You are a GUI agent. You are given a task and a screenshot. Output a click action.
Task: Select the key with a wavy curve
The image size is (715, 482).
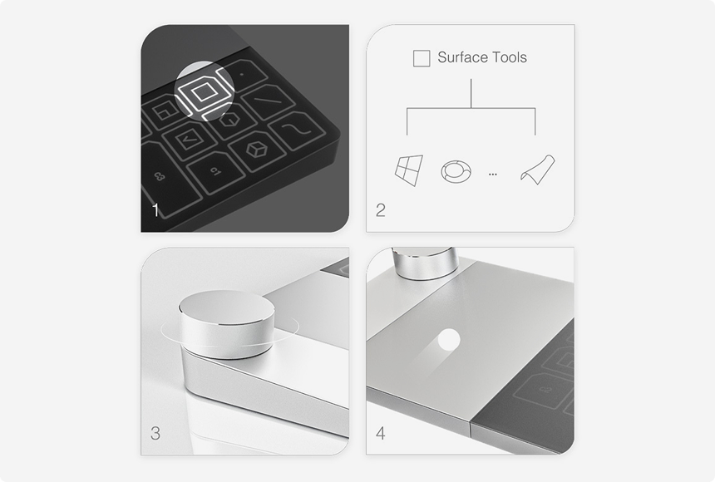(298, 130)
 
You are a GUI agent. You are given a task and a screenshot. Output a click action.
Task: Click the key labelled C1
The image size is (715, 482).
(215, 172)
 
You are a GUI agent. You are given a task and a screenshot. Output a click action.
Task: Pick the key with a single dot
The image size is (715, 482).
(243, 73)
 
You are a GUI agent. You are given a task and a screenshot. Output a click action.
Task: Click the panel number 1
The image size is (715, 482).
(156, 210)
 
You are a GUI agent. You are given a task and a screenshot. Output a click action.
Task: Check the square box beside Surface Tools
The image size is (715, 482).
(422, 58)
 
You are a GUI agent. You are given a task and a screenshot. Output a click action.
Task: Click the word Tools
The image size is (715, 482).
(511, 57)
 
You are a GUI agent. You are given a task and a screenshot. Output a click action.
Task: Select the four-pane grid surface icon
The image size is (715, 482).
(409, 170)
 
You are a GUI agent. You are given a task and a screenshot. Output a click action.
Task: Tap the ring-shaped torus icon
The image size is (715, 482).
(456, 171)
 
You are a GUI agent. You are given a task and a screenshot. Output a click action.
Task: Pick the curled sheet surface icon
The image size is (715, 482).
(538, 170)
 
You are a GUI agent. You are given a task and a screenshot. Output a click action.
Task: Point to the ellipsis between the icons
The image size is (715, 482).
(492, 175)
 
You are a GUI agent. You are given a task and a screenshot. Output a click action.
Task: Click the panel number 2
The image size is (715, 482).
(381, 210)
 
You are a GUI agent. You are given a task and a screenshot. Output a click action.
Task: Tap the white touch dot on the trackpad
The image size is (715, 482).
(449, 340)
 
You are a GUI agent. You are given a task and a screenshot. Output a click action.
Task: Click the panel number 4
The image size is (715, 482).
(381, 433)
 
